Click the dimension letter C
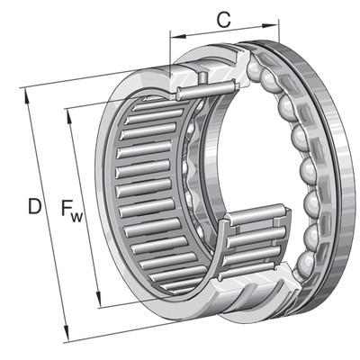pyautogui.click(x=224, y=21)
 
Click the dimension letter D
pyautogui.click(x=34, y=206)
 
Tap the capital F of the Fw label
pyautogui.click(x=67, y=208)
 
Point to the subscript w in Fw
pyautogui.click(x=76, y=218)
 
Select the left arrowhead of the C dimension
pyautogui.click(x=177, y=36)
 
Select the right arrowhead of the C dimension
pyautogui.click(x=271, y=26)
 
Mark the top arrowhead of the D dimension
pyautogui.click(x=27, y=96)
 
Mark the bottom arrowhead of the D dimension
pyautogui.click(x=67, y=334)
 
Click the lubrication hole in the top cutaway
pyautogui.click(x=203, y=76)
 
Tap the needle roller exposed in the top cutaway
pyautogui.click(x=206, y=89)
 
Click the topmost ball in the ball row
pyautogui.click(x=255, y=67)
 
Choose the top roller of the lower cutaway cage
pyautogui.click(x=257, y=213)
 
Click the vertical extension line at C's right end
pyautogui.click(x=279, y=31)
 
